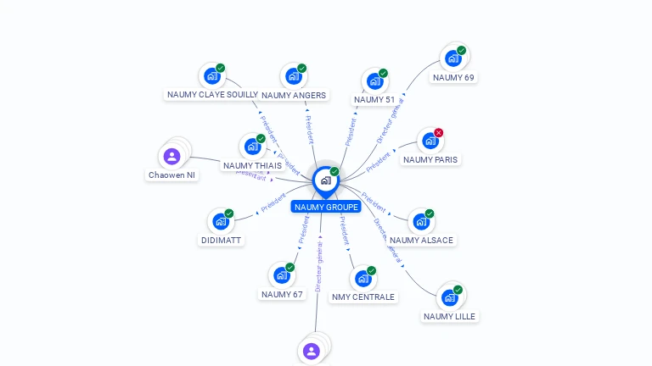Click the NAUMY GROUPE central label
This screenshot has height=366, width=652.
pos(326,207)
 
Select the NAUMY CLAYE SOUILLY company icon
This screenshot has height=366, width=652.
pos(211,76)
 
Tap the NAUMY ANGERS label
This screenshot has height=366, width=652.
pos(294,96)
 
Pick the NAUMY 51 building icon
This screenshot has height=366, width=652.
pos(374,81)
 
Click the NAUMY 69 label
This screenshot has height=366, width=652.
pos(453,77)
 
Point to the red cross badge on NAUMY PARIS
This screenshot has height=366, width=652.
pos(439,133)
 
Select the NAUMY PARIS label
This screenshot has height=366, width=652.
pos(430,159)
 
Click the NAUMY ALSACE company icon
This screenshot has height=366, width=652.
pos(420,222)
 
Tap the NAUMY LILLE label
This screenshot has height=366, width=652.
pos(450,316)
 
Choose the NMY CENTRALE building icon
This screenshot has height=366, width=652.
pos(363,279)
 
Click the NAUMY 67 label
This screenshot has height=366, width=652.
pos(282,294)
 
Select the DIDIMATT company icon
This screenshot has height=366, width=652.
pos(221,222)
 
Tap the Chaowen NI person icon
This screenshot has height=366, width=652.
pos(172,156)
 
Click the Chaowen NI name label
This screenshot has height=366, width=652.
pos(171,175)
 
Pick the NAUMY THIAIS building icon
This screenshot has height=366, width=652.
pos(252,147)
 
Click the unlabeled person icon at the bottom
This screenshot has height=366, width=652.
pos(312,351)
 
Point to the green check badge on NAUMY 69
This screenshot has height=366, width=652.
pos(461,51)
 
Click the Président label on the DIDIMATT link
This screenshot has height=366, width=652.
pos(273,202)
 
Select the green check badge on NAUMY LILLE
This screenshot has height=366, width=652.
pos(458,290)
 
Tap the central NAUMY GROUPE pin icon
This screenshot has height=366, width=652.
pos(325,180)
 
